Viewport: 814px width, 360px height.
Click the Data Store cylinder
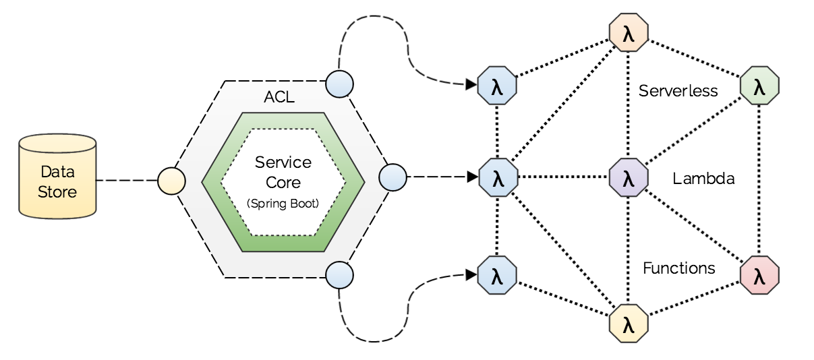pyautogui.click(x=57, y=177)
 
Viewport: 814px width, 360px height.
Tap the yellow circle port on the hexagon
pyautogui.click(x=171, y=181)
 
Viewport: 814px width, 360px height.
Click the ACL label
pyautogui.click(x=279, y=97)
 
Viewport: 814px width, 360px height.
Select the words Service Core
pyautogui.click(x=283, y=173)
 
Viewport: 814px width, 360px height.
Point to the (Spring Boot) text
pyautogui.click(x=283, y=203)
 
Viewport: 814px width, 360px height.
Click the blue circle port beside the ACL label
pyautogui.click(x=339, y=84)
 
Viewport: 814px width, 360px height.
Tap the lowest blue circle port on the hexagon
pyautogui.click(x=339, y=274)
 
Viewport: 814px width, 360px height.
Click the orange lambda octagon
pyautogui.click(x=629, y=33)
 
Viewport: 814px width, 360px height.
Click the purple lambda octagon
pyautogui.click(x=629, y=179)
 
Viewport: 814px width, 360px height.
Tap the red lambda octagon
pyautogui.click(x=759, y=275)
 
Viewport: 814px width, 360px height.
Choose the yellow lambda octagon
pyautogui.click(x=629, y=324)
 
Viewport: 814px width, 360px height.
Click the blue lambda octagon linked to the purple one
pyautogui.click(x=498, y=179)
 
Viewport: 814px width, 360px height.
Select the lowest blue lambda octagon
pyautogui.click(x=497, y=275)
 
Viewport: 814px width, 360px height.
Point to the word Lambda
pyautogui.click(x=703, y=179)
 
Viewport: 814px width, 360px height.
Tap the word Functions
pyautogui.click(x=678, y=268)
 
